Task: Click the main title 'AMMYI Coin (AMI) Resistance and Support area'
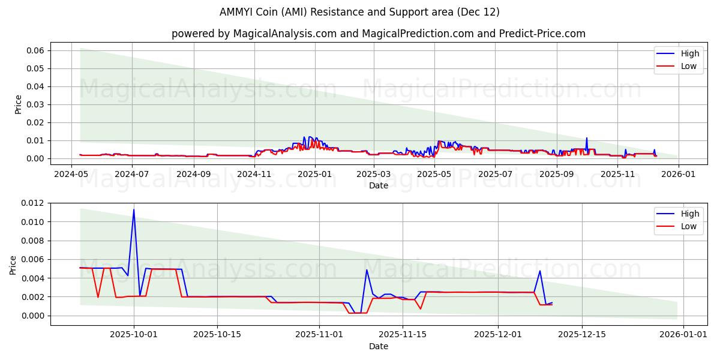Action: [359, 12]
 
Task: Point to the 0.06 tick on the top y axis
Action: [35, 50]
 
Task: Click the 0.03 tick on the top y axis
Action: [35, 104]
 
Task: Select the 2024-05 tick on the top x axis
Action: [72, 173]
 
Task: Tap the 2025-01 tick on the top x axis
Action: [315, 173]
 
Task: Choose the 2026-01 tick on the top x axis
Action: [679, 173]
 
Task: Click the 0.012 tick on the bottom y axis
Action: [33, 203]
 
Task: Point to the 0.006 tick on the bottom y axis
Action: [33, 260]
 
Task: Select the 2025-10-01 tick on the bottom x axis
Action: [134, 334]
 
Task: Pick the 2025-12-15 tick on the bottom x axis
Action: [581, 334]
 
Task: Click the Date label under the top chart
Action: [378, 185]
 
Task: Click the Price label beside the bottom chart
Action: [14, 264]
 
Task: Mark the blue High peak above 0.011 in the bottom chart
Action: [134, 210]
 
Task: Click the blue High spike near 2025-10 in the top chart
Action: [587, 139]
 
